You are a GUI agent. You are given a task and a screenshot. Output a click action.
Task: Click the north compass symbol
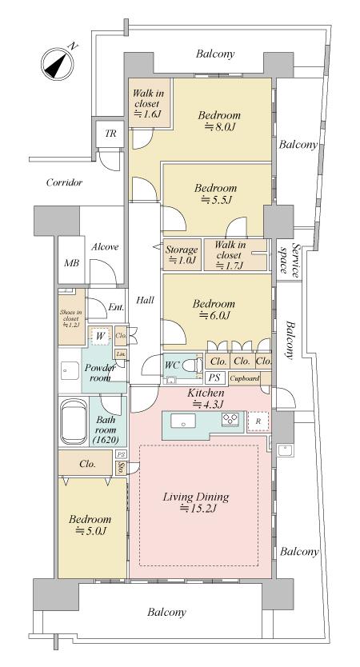(x=58, y=63)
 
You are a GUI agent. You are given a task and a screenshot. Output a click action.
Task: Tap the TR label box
(x=110, y=134)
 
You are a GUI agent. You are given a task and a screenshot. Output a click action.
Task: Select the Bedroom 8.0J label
(x=219, y=121)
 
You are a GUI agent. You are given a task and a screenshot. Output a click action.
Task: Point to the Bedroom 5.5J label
(x=216, y=194)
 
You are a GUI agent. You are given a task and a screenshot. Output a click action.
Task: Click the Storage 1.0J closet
(x=182, y=255)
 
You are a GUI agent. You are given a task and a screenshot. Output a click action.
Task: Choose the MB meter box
(x=71, y=263)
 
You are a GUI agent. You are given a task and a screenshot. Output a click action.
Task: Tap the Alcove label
(x=105, y=246)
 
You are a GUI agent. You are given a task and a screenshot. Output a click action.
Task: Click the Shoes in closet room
(x=71, y=317)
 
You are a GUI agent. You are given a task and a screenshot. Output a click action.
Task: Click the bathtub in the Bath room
(x=74, y=421)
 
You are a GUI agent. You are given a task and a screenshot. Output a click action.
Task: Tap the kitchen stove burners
(x=231, y=419)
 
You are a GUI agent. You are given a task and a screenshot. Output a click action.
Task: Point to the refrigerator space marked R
(x=258, y=421)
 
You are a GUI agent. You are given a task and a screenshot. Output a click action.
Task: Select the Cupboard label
(x=244, y=377)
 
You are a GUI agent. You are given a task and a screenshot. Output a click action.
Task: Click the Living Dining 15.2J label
(x=196, y=502)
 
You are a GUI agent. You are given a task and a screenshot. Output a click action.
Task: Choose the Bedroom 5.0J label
(x=90, y=525)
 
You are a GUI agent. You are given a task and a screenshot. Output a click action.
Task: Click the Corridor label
(x=64, y=183)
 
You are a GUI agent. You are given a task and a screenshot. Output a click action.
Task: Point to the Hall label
(x=145, y=300)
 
